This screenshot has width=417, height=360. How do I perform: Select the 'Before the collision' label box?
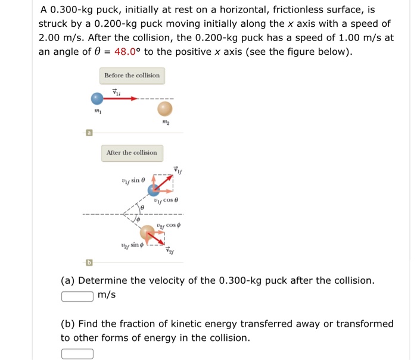coord(132,76)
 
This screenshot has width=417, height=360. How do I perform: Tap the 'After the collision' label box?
coord(132,153)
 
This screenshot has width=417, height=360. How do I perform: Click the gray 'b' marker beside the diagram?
coord(89,262)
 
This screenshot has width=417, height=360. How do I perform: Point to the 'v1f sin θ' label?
coord(132,180)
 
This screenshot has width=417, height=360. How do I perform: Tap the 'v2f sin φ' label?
coord(132,245)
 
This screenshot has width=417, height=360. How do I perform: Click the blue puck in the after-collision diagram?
coord(154,190)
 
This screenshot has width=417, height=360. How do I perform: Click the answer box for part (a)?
coord(77,296)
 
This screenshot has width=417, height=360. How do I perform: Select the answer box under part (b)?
coord(77,353)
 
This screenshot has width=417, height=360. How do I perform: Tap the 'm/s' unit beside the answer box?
coord(107,296)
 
